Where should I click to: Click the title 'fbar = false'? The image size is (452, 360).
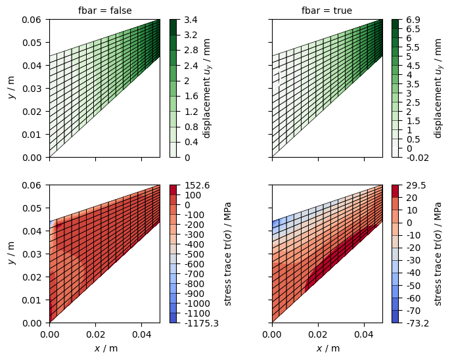point(105,11)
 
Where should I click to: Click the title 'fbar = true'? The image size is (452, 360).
point(327,11)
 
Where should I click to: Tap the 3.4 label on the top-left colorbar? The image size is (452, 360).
point(191,20)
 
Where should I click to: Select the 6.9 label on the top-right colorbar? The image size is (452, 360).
point(413,20)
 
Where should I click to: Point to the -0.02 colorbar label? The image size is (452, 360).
point(418,158)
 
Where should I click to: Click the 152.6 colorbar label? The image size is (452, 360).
point(197,185)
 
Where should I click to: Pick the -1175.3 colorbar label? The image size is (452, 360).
point(202,323)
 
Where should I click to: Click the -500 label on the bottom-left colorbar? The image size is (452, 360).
point(194,254)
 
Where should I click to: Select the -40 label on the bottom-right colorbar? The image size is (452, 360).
point(413,273)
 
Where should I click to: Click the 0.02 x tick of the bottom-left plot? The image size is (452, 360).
point(95,334)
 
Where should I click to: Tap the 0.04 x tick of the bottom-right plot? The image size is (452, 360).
point(364,334)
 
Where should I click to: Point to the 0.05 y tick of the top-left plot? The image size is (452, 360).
point(32,43)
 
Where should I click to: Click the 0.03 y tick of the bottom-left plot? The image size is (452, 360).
point(32,254)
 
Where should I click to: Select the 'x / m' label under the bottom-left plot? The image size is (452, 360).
point(105,348)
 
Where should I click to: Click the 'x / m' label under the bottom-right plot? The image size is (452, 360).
point(327,348)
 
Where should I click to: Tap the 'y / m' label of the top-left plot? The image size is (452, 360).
point(12,89)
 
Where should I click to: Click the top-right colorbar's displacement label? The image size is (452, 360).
point(437,89)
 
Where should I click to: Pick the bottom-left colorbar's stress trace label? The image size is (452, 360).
point(228,254)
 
